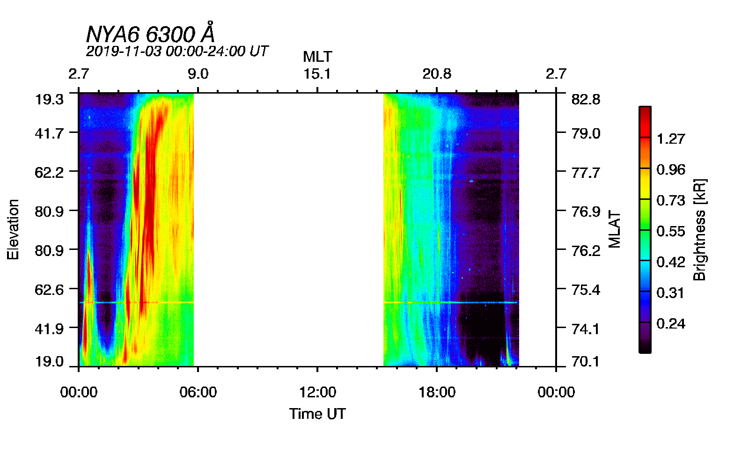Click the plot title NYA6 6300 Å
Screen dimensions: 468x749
pos(150,34)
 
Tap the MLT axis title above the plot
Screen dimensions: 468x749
pos(317,57)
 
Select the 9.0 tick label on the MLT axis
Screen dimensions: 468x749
pos(198,74)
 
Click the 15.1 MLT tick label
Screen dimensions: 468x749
pos(317,74)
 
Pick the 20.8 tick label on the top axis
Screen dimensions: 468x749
pos(437,74)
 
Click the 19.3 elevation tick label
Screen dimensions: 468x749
pos(49,100)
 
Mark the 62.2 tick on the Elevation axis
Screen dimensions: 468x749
pos(49,173)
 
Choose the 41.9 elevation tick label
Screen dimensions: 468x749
pos(49,329)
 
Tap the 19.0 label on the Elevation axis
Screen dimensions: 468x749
pos(49,361)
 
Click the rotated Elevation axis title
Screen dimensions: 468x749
pos(13,229)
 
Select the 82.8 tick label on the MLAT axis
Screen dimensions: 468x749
pos(586,100)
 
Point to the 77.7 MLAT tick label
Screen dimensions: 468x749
pos(586,173)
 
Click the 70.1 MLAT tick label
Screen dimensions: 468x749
pos(586,361)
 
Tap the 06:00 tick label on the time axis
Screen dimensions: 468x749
pos(198,392)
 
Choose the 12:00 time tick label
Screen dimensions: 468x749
pos(317,392)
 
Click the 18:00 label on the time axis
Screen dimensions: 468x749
pos(437,392)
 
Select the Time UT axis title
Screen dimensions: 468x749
pos(317,414)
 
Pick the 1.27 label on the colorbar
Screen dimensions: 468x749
pos(670,139)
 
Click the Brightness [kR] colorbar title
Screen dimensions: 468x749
pos(699,229)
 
